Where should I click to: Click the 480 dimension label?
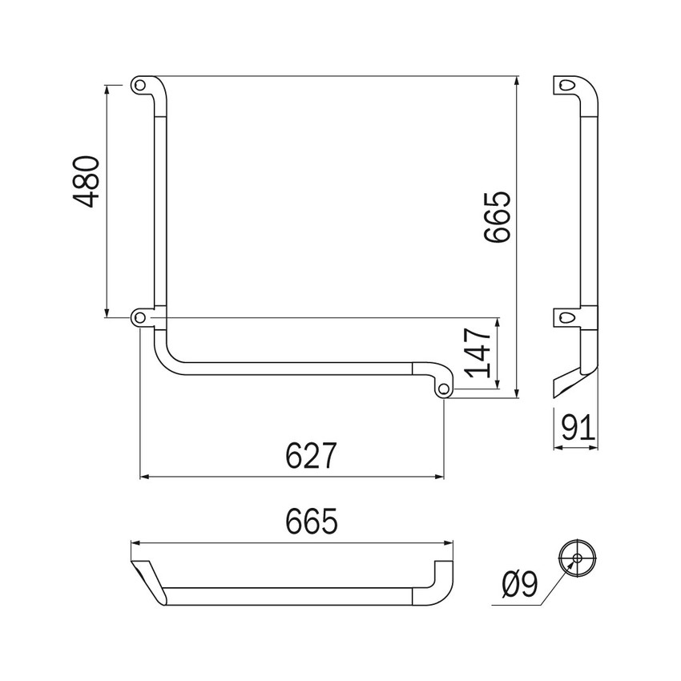click(x=87, y=182)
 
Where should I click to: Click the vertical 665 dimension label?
click(x=497, y=216)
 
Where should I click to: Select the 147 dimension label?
click(x=479, y=353)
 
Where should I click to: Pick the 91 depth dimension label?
click(x=578, y=428)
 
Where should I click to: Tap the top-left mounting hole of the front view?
click(x=140, y=83)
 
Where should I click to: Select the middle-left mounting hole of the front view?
click(x=140, y=318)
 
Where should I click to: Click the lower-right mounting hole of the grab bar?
click(x=443, y=389)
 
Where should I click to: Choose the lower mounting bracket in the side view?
click(x=567, y=317)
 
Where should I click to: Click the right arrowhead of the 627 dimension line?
click(x=440, y=477)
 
